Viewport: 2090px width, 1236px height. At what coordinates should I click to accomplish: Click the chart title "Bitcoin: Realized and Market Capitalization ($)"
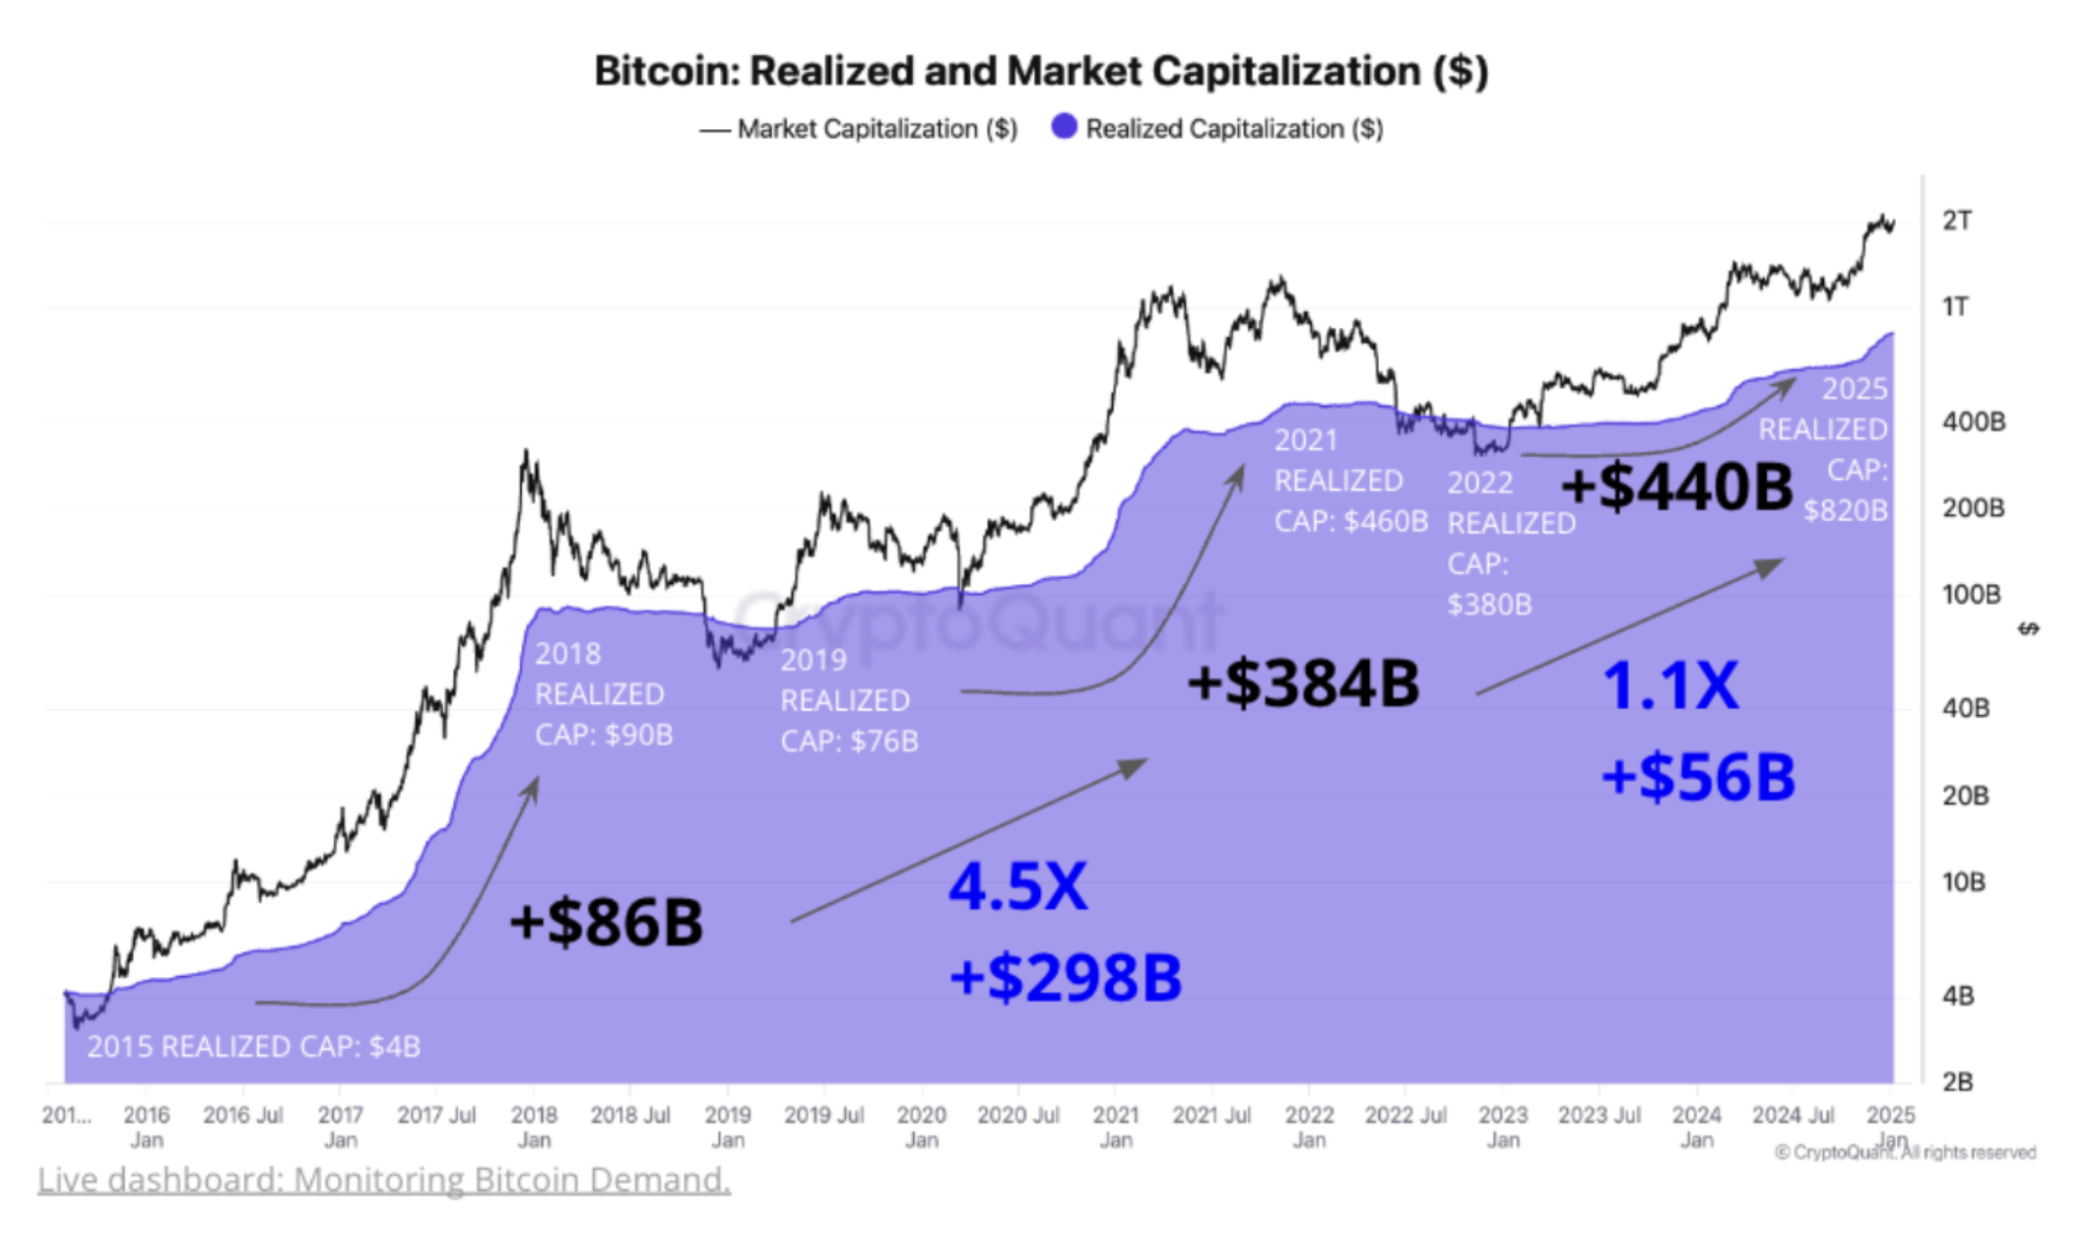pos(1041,72)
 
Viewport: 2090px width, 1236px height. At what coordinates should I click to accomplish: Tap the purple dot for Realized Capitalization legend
pos(1064,127)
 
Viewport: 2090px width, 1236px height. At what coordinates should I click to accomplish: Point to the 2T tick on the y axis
pos(1956,221)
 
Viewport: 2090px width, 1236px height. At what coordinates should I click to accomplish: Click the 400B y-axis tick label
pos(1973,422)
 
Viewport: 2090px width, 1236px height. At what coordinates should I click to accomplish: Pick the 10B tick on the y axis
pos(1963,881)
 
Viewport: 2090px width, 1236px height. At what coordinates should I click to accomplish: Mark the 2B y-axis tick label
pos(1957,1081)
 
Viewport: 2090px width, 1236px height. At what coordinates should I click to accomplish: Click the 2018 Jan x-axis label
pos(534,1127)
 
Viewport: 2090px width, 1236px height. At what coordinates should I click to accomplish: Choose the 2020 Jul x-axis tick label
pos(1017,1115)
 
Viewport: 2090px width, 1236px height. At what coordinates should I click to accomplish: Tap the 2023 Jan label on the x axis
pos(1503,1127)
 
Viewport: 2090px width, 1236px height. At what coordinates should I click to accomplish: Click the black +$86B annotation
pos(606,922)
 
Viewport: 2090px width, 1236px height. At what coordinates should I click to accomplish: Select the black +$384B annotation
pos(1303,683)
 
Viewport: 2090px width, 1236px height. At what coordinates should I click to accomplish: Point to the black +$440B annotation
pos(1676,487)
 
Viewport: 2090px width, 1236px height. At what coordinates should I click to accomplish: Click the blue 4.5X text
pos(1017,886)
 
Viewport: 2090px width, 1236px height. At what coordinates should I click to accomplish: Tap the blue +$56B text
pos(1698,776)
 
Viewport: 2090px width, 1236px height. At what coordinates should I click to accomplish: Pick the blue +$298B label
pos(1065,977)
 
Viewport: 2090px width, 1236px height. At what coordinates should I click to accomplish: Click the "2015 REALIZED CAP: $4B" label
pos(253,1046)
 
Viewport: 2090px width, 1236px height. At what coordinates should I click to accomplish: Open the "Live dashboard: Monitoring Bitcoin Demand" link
pos(384,1179)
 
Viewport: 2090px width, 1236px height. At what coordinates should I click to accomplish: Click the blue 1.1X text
pos(1670,685)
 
